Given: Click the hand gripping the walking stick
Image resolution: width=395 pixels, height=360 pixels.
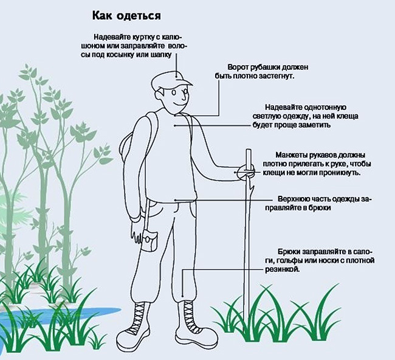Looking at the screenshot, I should pos(246,171).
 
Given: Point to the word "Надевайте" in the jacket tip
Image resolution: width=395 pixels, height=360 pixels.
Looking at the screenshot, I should pos(110,36).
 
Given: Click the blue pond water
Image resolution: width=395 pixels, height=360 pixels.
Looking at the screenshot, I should pos(36,316).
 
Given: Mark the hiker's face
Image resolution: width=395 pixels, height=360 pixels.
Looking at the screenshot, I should pos(176,98).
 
